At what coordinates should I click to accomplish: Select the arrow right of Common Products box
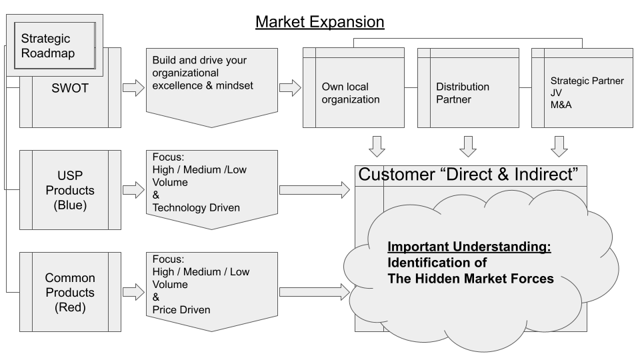click(x=134, y=291)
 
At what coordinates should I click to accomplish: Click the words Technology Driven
click(x=197, y=208)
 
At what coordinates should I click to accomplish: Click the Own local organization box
click(x=351, y=93)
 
